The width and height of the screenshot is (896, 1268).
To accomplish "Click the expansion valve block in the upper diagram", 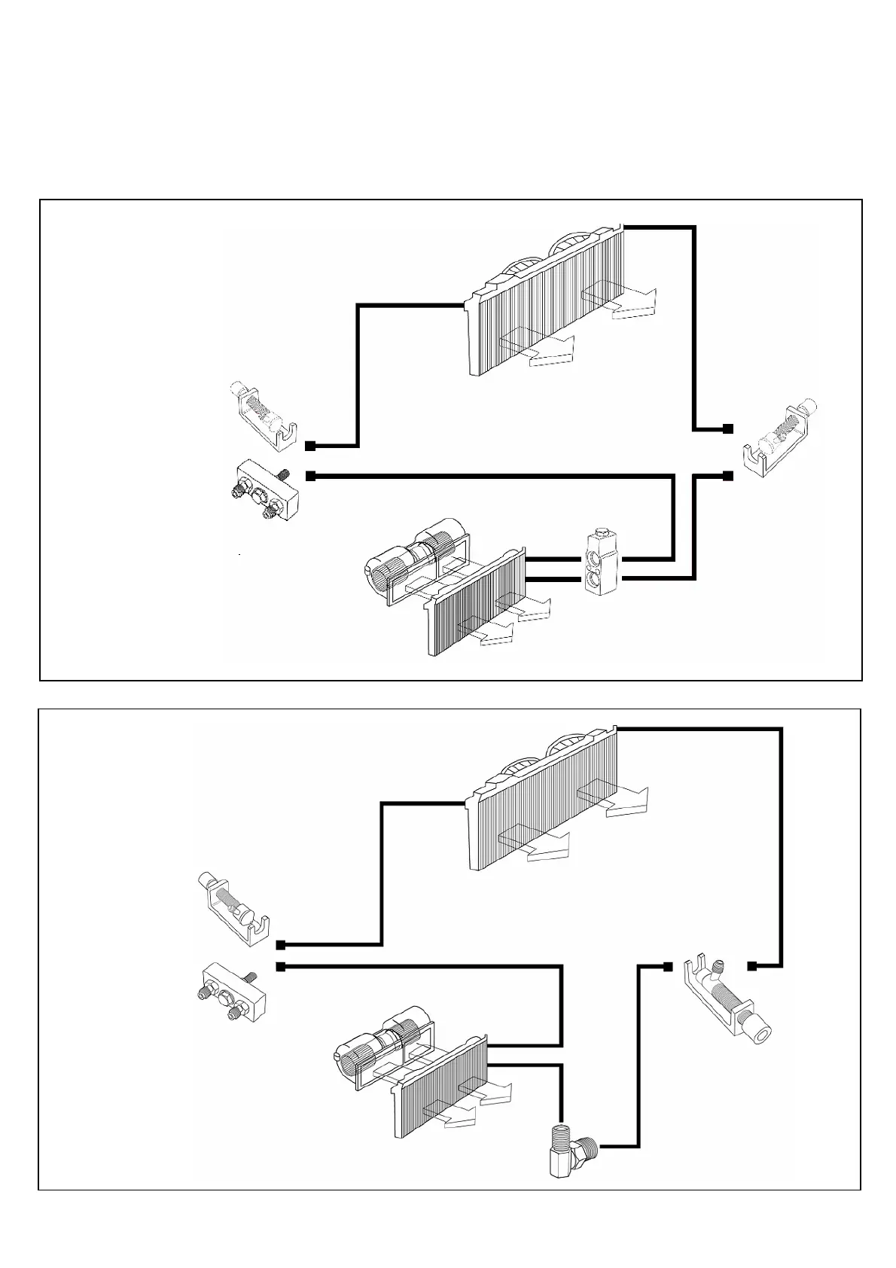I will coord(600,562).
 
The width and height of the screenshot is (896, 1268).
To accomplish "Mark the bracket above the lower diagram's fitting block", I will coord(233,910).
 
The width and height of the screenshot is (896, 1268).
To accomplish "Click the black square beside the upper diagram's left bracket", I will coord(309,446).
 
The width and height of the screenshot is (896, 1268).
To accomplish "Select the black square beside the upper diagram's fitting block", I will coord(309,476).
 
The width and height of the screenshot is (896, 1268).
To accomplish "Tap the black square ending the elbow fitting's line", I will coord(667,966).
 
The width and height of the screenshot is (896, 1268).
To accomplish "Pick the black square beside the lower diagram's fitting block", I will coord(280,967).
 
